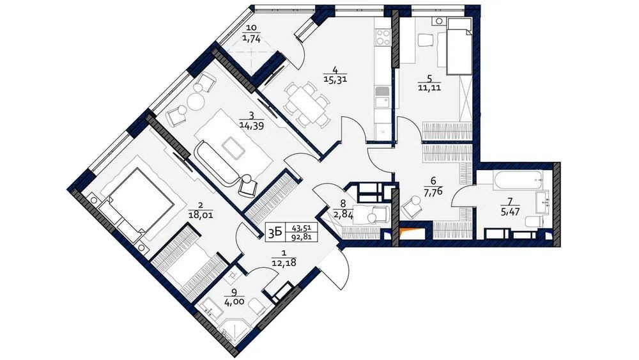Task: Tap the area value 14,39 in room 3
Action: tap(251, 126)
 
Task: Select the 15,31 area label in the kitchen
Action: tap(335, 79)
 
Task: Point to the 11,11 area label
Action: tap(429, 87)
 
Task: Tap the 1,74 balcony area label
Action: tap(251, 39)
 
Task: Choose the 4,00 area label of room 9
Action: tap(234, 302)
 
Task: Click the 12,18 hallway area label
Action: tap(284, 263)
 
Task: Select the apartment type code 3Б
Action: tap(275, 232)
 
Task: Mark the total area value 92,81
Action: tap(302, 237)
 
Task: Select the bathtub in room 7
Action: tap(518, 180)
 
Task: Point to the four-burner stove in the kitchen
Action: tap(383, 37)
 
